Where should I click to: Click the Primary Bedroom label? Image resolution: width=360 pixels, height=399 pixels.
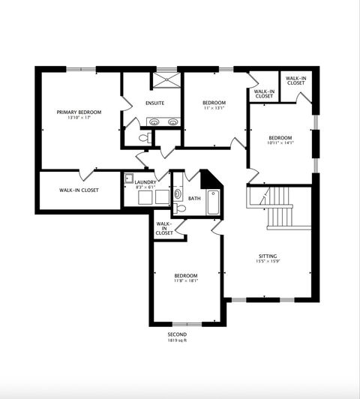coord(79,112)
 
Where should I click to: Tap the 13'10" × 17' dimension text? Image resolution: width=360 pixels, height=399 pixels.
coord(79,118)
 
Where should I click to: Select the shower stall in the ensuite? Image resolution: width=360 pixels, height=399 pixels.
coord(164,80)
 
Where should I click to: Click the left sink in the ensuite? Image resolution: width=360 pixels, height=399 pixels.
coord(154,121)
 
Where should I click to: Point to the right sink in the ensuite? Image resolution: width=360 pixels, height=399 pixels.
coord(172,121)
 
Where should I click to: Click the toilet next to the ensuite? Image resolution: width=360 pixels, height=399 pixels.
coord(144,138)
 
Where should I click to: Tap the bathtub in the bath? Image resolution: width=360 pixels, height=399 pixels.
coord(213,202)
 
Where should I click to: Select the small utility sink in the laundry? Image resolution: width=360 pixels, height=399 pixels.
coord(129,178)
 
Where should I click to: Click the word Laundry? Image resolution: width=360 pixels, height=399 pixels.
coord(145,181)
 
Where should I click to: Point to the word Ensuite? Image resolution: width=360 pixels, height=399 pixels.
coord(155,103)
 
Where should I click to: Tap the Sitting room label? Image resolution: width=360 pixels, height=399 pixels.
coord(268,256)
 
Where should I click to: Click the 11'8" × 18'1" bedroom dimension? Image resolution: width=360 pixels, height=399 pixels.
coord(186,281)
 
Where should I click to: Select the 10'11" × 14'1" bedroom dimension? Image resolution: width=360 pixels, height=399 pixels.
coord(280,143)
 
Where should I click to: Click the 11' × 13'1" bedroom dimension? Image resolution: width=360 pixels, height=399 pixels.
coord(214,108)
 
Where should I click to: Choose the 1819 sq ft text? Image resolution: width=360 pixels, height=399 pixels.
coord(178,340)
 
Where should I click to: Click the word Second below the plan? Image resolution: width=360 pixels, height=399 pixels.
coord(178,334)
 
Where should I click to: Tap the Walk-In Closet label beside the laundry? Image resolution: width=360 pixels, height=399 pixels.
coord(79,190)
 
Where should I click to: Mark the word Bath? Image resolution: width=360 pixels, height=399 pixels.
coord(194,199)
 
